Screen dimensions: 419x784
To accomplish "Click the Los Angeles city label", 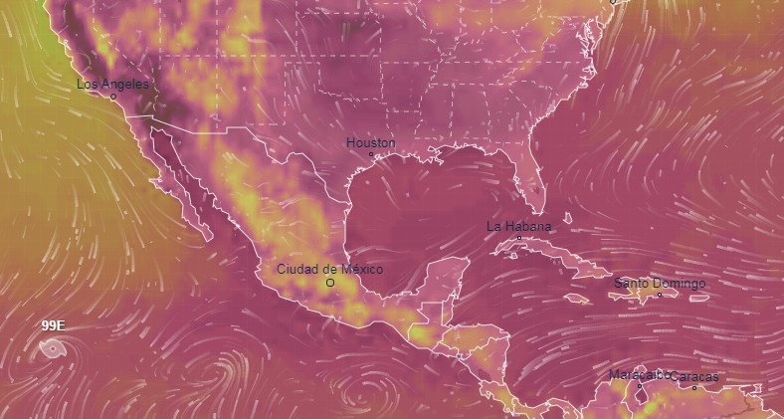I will tap(112, 85).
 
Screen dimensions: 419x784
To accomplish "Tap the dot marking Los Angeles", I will tap(113, 97).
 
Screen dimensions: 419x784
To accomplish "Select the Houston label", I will tap(370, 143).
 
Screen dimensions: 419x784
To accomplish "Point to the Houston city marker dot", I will tap(371, 154).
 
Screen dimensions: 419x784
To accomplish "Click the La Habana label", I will tap(518, 227).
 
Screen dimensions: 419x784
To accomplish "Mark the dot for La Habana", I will tap(518, 238).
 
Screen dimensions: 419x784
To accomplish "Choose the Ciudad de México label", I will tap(328, 270).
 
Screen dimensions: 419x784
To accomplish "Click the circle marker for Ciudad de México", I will tap(330, 283).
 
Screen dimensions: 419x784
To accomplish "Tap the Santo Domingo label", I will tap(659, 284).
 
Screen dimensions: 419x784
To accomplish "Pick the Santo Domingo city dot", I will tap(659, 295).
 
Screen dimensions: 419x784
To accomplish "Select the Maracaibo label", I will tap(639, 375).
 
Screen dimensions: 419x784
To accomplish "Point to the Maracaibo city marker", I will tap(640, 386).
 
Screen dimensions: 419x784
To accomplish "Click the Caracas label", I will tap(693, 377).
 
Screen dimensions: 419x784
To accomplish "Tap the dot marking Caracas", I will tap(694, 387).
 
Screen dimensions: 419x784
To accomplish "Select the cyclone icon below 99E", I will tap(50, 347).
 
